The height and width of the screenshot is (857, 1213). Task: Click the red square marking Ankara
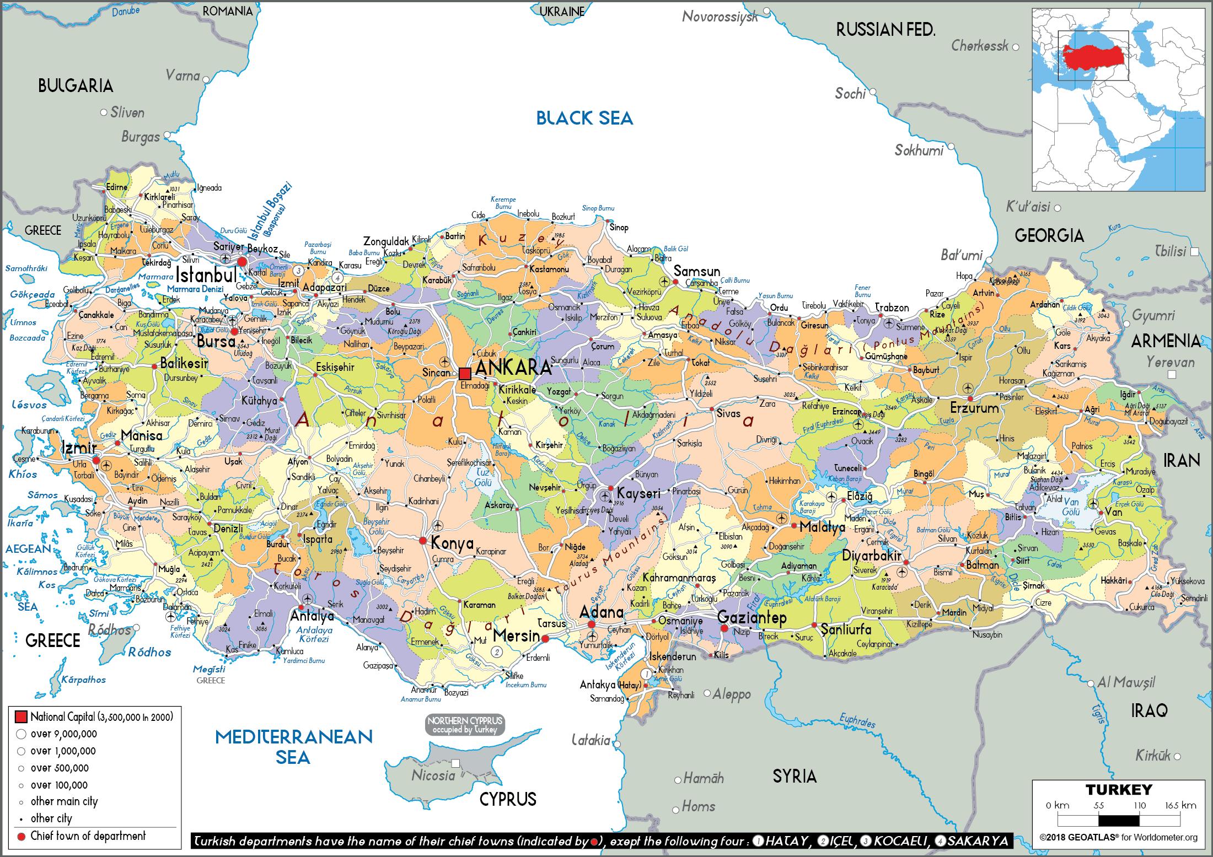465,373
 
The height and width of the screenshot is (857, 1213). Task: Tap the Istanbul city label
207,274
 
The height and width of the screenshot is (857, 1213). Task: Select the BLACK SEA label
584,118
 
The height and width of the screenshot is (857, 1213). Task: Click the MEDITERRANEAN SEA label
293,747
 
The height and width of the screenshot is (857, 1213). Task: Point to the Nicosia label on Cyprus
433,775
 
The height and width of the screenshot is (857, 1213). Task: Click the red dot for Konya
423,541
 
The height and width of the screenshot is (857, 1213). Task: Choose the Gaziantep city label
752,617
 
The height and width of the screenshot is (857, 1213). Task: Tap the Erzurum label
974,408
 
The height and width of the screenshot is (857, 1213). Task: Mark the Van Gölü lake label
1071,506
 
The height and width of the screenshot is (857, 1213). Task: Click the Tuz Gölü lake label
482,478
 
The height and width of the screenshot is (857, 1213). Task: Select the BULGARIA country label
76,85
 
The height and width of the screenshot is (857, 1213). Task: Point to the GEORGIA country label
1049,236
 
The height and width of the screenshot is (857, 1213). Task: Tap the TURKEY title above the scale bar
1119,790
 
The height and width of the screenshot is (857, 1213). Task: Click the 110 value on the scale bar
1139,805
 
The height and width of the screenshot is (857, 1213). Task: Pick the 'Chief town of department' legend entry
88,836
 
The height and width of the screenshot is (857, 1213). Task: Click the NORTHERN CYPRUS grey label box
465,725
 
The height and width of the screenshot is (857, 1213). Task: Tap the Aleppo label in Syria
731,694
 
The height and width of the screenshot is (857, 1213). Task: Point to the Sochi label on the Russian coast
850,94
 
